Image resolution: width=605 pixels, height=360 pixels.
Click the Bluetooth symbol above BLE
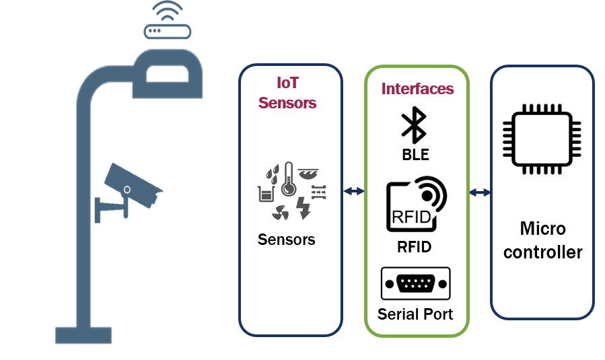[414, 124]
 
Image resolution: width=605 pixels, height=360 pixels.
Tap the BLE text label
[415, 155]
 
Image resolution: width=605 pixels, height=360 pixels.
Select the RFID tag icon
[417, 204]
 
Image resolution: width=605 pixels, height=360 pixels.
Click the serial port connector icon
[415, 283]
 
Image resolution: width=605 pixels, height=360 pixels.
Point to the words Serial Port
[415, 314]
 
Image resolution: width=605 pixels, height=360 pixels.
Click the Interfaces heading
[417, 89]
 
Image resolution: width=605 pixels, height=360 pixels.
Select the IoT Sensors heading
[287, 93]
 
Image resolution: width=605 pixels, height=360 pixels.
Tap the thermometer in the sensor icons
[288, 178]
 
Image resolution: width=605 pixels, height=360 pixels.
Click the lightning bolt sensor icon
[304, 208]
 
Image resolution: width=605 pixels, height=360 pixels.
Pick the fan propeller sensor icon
[281, 212]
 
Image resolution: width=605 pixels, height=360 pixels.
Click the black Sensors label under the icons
[286, 240]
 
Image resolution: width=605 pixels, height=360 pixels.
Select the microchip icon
[542, 139]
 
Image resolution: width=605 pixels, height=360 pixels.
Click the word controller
[543, 252]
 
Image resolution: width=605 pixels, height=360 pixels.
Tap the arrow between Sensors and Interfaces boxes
[354, 190]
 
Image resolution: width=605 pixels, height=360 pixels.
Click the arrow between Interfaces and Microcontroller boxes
[480, 192]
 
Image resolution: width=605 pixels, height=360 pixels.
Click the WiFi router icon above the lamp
[168, 20]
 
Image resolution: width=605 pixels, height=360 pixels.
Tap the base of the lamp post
[83, 335]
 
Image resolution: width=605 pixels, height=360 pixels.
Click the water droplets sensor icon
[273, 174]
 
